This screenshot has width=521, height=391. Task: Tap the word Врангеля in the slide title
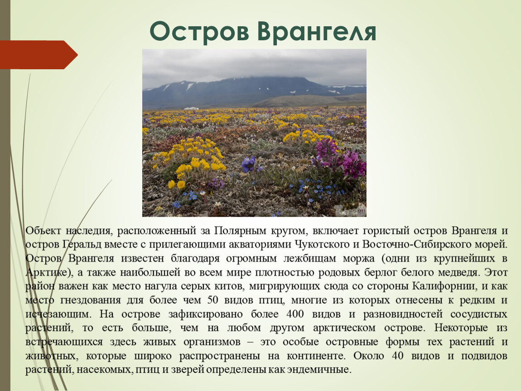(x=317, y=32)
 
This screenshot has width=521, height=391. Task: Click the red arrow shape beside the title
(x=39, y=55)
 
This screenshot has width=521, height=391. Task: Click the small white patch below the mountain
(x=191, y=108)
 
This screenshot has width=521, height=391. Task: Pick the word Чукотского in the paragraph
(x=322, y=245)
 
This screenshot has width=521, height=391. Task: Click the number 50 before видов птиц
(x=212, y=300)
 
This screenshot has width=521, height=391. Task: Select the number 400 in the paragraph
(x=295, y=314)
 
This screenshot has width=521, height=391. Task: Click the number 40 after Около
(x=397, y=356)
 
